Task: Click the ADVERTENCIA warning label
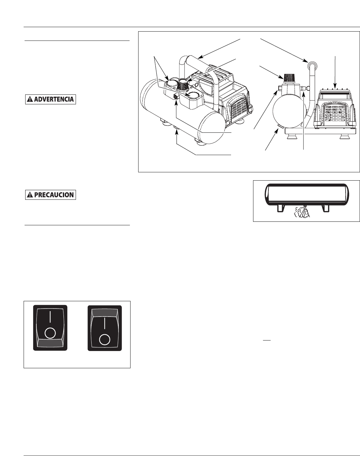[50, 99]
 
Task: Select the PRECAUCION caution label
[50, 195]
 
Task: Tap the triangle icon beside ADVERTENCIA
[30, 99]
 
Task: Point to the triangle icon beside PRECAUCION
[30, 195]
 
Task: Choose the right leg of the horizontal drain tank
[326, 208]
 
